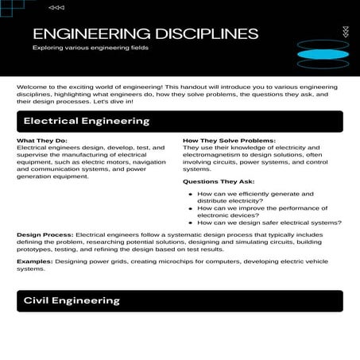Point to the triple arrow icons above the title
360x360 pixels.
[x=56, y=7]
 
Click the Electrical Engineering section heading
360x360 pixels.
[x=87, y=122]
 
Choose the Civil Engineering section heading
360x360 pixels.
[x=72, y=300]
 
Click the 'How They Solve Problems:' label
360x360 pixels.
[x=229, y=141]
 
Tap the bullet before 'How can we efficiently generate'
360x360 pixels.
[x=189, y=194]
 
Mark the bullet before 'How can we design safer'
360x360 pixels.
[x=189, y=223]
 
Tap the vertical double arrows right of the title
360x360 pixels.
[x=344, y=32]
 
